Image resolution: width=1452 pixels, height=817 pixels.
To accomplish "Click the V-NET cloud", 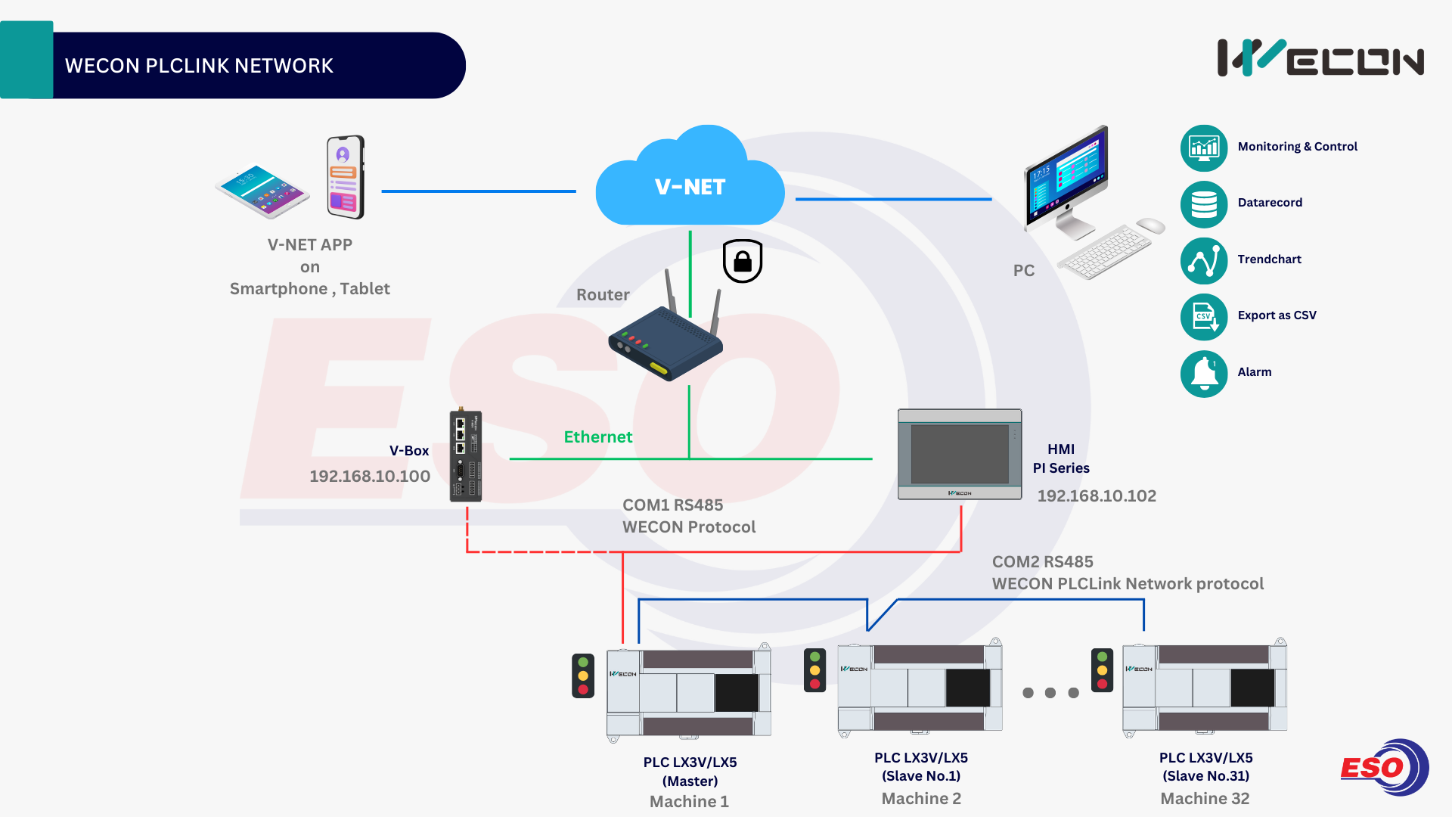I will point(690,182).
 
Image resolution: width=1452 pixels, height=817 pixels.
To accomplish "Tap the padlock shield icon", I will point(743,261).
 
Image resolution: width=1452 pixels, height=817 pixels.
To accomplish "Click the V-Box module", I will point(466,456).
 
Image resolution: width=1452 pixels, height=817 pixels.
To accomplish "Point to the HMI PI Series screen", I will point(960,454).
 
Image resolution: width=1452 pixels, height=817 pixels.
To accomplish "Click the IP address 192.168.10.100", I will point(370,477).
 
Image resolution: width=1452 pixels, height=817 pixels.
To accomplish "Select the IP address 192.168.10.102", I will point(1097,496).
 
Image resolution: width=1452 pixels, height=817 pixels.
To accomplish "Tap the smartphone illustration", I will point(346,177).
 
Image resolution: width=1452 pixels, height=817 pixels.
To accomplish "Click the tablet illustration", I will point(262,191).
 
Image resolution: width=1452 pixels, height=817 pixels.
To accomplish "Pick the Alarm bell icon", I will point(1204,373).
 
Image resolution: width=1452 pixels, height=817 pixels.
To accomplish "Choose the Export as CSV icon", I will point(1204,316).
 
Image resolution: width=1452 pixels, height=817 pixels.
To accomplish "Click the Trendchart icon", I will point(1204,260).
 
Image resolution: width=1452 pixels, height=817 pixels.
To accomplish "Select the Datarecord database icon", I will point(1204,203).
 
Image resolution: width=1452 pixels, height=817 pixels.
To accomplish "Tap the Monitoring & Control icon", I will point(1204,148).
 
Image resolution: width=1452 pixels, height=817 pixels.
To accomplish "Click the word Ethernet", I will point(598,437).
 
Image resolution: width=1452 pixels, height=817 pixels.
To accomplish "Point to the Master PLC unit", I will point(689,692).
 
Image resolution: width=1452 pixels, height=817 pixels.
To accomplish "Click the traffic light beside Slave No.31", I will point(1102,669).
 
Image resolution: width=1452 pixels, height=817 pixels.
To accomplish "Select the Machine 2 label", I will point(921,799).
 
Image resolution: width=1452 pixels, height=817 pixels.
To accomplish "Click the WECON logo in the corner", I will point(1320,58).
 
